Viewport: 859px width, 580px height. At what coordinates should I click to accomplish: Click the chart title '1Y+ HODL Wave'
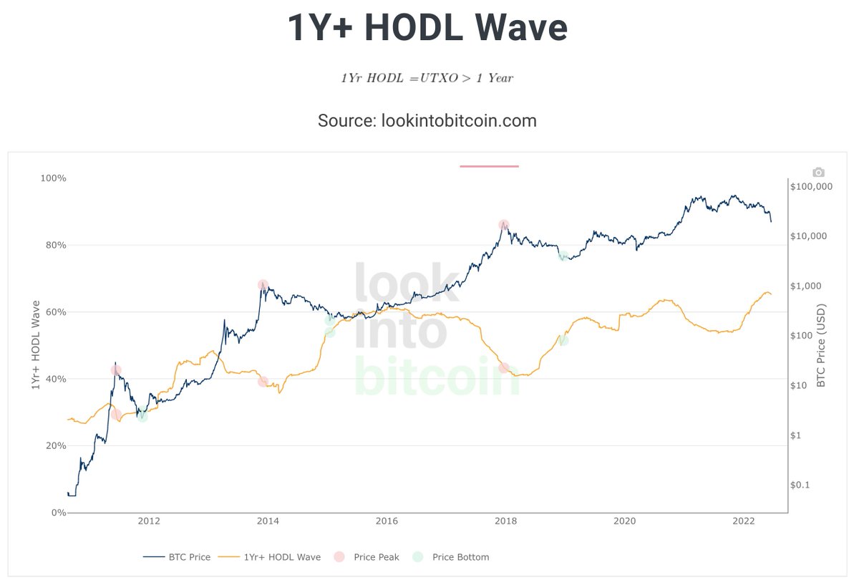pos(427,29)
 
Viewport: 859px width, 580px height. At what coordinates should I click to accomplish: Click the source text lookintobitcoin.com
pos(427,120)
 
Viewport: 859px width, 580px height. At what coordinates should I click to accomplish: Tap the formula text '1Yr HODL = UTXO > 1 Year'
pos(427,78)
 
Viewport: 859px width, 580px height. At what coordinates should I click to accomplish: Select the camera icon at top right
pos(818,173)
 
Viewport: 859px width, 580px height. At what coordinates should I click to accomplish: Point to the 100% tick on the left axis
pos(52,178)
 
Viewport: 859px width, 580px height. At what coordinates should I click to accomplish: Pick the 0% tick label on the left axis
pos(57,513)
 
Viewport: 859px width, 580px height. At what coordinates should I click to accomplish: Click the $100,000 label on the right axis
pos(811,186)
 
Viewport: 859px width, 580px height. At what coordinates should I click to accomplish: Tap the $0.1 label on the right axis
pos(801,485)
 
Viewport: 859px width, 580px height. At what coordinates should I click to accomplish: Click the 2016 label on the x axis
pos(387,521)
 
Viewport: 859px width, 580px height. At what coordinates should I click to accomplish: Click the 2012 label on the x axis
pos(148,521)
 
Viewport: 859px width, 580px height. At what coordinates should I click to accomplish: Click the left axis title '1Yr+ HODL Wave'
pos(36,345)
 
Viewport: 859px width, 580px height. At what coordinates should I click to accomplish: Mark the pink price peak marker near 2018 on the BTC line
pos(504,225)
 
